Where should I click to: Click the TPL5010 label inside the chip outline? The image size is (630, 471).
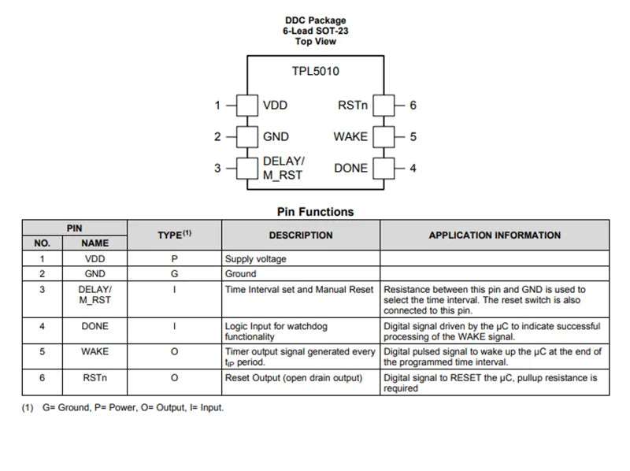[316, 71]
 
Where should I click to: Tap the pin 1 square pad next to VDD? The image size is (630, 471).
[247, 106]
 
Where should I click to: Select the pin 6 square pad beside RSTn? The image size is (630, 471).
[384, 106]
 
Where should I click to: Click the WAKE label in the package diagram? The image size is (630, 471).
[350, 136]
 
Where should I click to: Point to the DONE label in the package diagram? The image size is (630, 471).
[350, 168]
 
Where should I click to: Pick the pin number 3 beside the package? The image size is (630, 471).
[217, 168]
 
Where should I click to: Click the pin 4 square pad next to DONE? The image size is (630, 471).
[384, 169]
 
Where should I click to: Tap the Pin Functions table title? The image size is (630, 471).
[316, 212]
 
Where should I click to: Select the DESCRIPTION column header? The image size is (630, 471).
[301, 235]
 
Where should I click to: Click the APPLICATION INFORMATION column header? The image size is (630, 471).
[495, 235]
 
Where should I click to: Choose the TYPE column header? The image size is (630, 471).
[174, 235]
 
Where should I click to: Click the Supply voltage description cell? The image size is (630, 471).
[255, 259]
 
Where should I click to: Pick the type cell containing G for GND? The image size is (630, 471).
[174, 273]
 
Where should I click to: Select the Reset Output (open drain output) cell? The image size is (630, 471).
[294, 378]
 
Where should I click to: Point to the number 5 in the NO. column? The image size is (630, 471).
[43, 351]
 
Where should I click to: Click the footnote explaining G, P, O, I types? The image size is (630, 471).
[123, 407]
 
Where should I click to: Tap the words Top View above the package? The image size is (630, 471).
[316, 42]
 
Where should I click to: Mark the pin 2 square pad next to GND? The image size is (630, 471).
[247, 136]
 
